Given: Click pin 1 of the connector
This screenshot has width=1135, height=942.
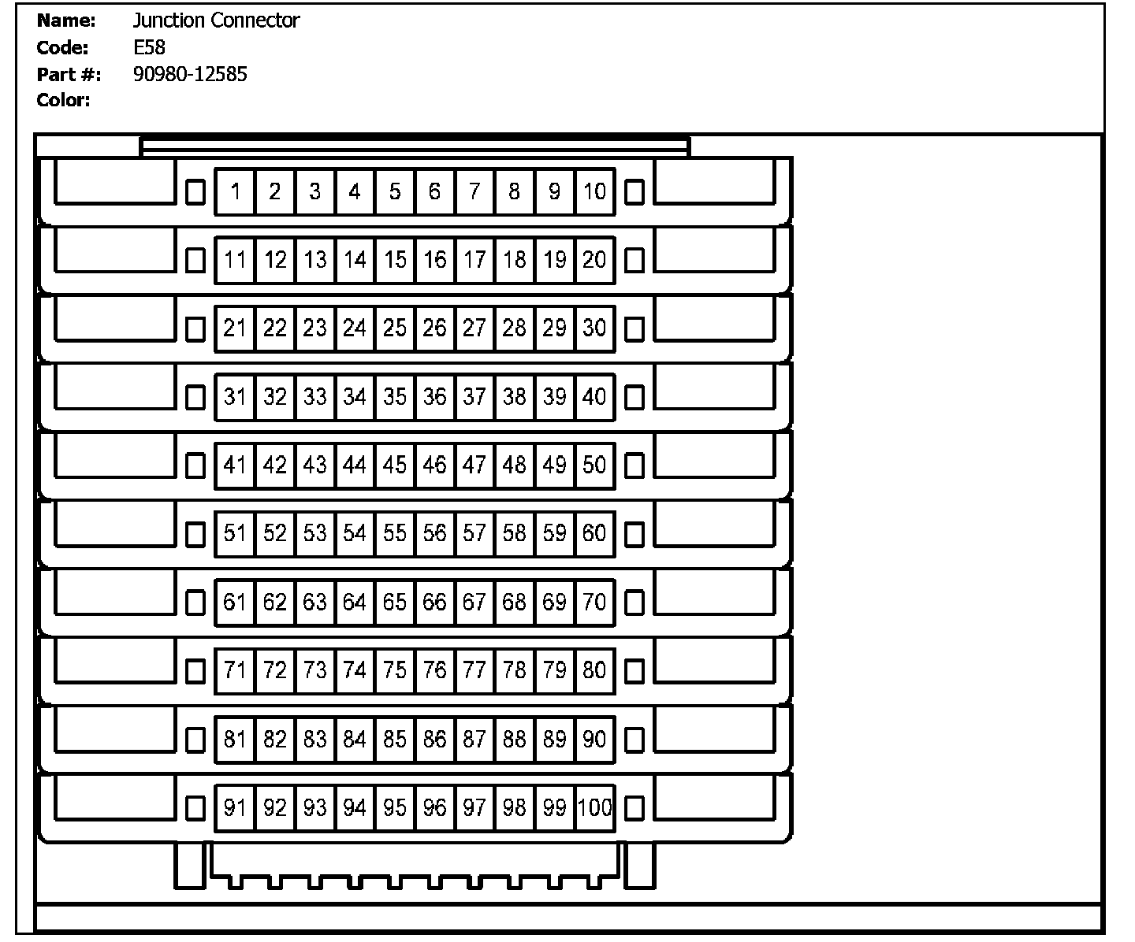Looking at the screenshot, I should [235, 191].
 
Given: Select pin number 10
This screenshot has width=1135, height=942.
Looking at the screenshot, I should [595, 191].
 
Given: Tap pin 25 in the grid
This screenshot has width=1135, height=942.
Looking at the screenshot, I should [395, 328].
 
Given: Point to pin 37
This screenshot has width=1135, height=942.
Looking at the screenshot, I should [474, 396].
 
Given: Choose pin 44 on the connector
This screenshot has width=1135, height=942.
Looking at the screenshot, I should [355, 465].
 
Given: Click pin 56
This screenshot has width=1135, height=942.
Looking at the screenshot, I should [434, 533].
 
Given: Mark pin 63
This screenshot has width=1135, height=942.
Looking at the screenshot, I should [314, 602].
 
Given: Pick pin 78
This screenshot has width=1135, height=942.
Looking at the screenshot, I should [515, 670].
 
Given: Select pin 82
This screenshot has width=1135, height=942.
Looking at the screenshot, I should [275, 739].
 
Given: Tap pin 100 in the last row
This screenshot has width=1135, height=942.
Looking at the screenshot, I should [595, 807].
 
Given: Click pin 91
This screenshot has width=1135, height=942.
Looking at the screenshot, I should [235, 807].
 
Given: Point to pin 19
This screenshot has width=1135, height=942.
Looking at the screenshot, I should [555, 259].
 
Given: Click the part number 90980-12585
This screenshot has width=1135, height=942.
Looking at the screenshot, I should [190, 74].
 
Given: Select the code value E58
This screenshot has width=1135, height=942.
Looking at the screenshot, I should [149, 47].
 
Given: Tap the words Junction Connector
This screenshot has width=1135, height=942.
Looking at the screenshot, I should [216, 20].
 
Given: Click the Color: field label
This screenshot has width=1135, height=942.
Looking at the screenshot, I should [63, 100].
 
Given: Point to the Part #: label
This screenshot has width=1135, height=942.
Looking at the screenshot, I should [69, 74].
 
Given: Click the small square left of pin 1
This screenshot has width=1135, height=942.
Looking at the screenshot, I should [195, 191].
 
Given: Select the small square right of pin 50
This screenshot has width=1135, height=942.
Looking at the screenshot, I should [634, 465].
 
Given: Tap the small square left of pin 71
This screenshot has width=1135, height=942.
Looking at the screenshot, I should [195, 671].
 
